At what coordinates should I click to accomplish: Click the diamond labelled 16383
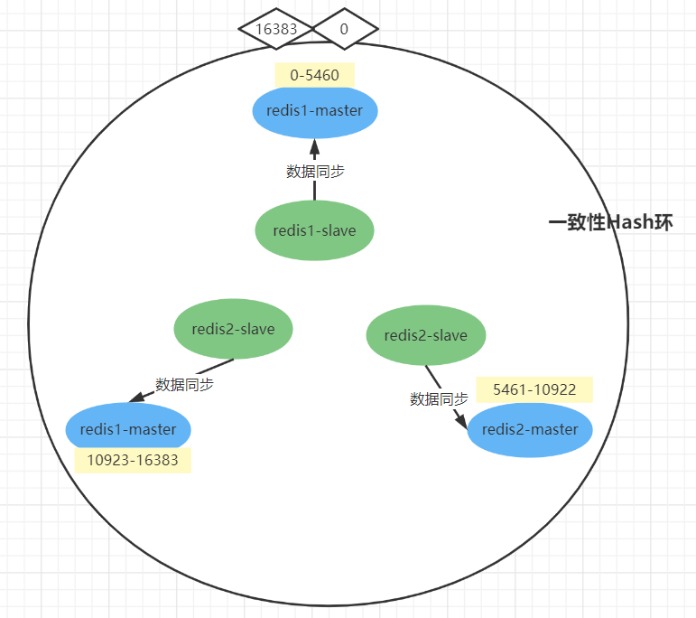tap(276, 29)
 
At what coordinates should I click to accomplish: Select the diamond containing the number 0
tap(344, 29)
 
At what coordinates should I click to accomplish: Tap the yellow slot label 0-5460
tap(314, 75)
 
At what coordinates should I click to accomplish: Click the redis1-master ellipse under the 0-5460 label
tap(314, 111)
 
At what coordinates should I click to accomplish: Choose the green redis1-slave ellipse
tap(314, 230)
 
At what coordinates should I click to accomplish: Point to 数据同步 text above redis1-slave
tap(315, 171)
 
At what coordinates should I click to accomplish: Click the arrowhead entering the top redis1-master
tap(314, 146)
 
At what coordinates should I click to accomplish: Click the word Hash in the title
tap(629, 222)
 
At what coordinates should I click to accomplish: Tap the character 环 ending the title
tap(664, 222)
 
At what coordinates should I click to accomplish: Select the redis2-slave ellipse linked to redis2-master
tap(425, 335)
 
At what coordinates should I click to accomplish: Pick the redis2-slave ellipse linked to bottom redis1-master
tap(233, 329)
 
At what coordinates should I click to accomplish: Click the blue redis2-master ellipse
tap(530, 429)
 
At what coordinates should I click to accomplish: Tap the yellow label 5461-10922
tap(534, 389)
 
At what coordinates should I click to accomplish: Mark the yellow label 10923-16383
tap(133, 460)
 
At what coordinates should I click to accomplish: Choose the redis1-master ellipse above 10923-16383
tap(128, 429)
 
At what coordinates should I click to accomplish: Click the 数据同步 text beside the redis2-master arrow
tap(439, 398)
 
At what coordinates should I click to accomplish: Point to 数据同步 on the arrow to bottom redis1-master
tap(184, 384)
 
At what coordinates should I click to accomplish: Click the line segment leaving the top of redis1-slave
tap(314, 190)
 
